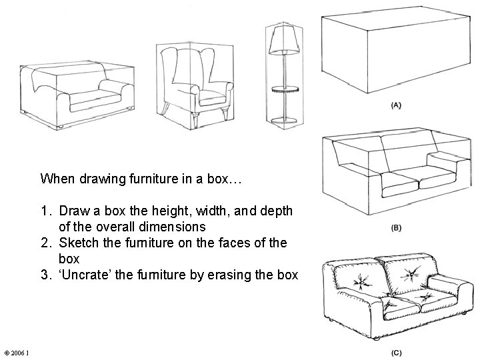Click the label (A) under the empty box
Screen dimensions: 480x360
click(x=396, y=105)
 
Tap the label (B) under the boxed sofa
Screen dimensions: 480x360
click(x=396, y=228)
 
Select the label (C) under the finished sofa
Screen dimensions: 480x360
click(x=397, y=353)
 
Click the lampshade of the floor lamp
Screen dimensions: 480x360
click(x=284, y=40)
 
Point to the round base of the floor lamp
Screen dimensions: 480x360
click(x=284, y=120)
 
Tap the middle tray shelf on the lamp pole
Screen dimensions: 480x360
click(x=285, y=89)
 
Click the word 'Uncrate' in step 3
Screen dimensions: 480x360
click(x=85, y=275)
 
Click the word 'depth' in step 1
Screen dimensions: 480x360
click(x=277, y=211)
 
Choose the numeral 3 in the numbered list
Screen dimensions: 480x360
click(x=45, y=275)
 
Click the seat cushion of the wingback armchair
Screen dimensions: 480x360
click(x=212, y=99)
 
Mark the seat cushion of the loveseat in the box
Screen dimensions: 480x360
click(x=94, y=101)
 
